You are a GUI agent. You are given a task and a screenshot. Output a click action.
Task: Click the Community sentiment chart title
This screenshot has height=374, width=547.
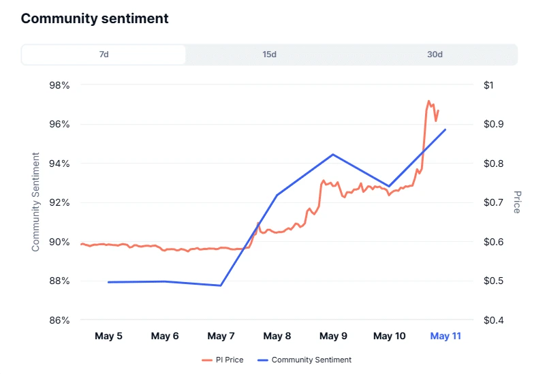[95, 18]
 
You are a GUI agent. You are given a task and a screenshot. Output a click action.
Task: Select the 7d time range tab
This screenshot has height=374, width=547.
[104, 54]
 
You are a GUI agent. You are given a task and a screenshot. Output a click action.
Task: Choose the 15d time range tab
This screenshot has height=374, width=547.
[269, 54]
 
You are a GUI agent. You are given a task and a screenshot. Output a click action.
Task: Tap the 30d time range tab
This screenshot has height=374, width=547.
[435, 54]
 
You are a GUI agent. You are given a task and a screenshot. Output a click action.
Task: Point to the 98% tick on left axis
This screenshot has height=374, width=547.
[59, 85]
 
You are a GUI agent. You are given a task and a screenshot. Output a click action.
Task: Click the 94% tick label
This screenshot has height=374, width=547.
[59, 163]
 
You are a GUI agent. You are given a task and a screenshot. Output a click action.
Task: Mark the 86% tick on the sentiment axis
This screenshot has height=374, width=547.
[59, 320]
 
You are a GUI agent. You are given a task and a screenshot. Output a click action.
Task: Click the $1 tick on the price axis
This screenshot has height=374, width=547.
[488, 85]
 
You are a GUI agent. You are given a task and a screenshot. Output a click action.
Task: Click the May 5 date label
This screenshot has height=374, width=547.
[109, 336]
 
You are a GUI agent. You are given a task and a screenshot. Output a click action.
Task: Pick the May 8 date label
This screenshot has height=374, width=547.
[277, 336]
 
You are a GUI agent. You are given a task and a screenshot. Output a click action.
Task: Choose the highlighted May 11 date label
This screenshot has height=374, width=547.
[446, 336]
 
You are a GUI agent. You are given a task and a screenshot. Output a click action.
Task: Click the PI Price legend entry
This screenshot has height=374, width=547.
[223, 360]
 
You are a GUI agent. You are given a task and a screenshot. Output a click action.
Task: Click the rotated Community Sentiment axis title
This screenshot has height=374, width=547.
[36, 202]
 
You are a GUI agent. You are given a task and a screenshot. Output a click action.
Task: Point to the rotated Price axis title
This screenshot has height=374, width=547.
[517, 202]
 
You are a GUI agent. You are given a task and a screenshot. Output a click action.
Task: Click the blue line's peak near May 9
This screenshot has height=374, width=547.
[333, 154]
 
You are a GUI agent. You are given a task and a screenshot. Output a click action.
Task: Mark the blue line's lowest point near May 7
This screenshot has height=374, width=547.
[221, 285]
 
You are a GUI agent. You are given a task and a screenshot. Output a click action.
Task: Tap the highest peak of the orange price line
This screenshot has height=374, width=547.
[428, 101]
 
